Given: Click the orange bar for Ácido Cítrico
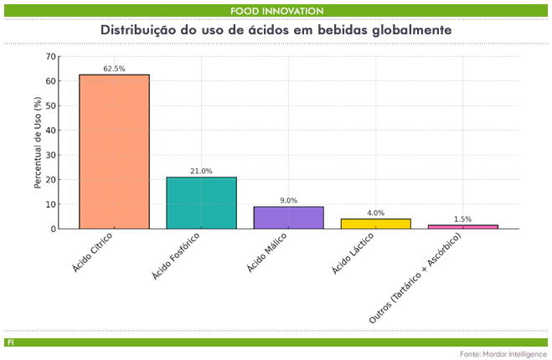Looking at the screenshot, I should [x=114, y=152].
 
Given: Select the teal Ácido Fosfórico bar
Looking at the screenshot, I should [x=201, y=203].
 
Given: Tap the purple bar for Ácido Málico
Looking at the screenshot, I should [x=288, y=218].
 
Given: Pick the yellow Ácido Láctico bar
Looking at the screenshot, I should [x=375, y=224].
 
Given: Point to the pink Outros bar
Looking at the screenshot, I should [x=462, y=227].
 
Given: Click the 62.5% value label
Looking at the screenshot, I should [x=114, y=69].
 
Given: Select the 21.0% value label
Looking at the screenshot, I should [x=201, y=171].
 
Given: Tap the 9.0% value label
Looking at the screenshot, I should [x=288, y=200].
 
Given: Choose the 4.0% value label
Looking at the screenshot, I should [x=375, y=213].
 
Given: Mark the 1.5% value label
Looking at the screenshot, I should [x=462, y=219].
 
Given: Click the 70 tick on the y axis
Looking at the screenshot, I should [x=52, y=57].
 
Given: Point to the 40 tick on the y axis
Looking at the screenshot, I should [x=52, y=131].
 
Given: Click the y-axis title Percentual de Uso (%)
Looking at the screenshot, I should [x=38, y=142].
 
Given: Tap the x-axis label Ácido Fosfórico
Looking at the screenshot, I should [x=177, y=256].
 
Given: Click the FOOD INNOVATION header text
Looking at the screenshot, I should [x=276, y=10].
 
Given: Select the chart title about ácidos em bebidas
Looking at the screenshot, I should [x=276, y=29].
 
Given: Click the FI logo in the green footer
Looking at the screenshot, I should [x=10, y=342].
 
